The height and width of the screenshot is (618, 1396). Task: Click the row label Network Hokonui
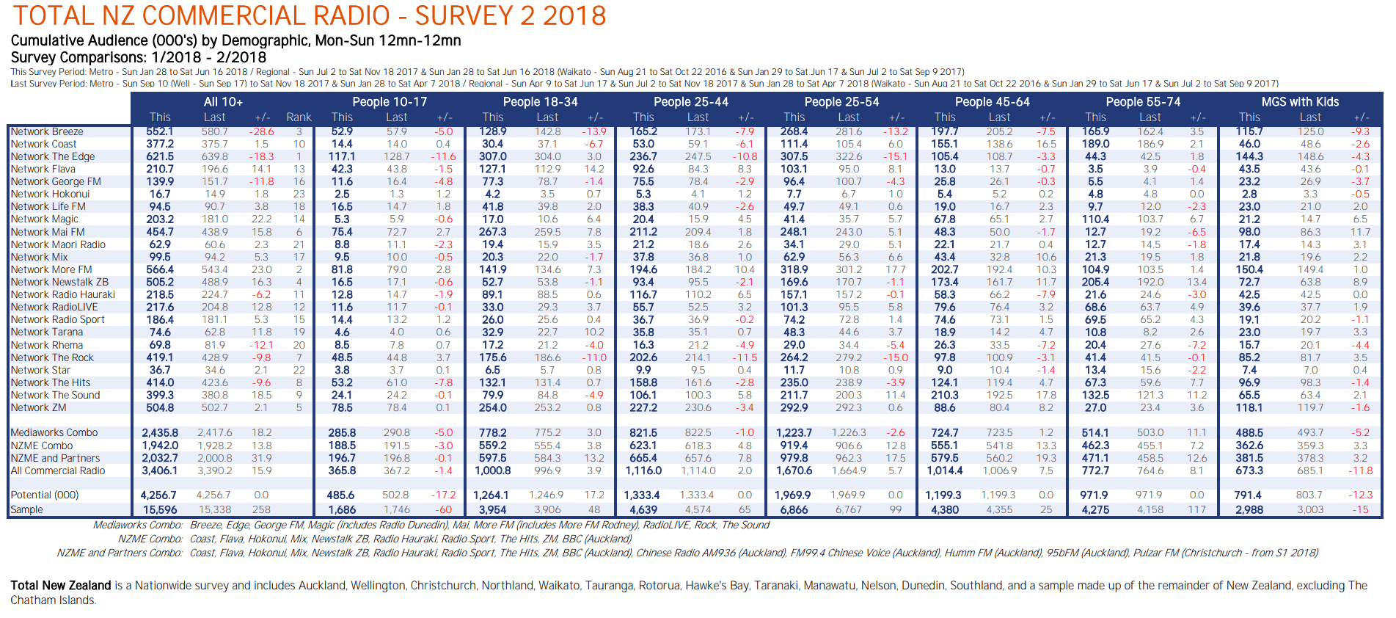pyautogui.click(x=50, y=195)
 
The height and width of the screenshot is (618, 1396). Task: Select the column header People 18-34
pyautogui.click(x=540, y=102)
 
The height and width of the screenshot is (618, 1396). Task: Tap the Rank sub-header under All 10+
pyautogui.click(x=299, y=117)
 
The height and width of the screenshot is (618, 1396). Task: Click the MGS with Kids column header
pyautogui.click(x=1300, y=102)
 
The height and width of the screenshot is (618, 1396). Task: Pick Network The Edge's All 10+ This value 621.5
pyautogui.click(x=160, y=156)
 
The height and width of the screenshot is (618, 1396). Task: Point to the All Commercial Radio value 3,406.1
pyautogui.click(x=159, y=470)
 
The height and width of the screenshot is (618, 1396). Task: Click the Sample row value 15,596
pyautogui.click(x=159, y=509)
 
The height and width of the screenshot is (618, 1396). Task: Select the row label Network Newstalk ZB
pyautogui.click(x=59, y=282)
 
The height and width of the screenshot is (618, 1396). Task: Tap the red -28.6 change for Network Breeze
pyautogui.click(x=261, y=132)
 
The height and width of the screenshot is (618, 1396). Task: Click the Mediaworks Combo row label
pyautogui.click(x=54, y=432)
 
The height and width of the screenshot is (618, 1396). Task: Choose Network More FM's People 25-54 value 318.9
pyautogui.click(x=794, y=269)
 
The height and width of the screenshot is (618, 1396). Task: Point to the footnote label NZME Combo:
pyautogui.click(x=150, y=539)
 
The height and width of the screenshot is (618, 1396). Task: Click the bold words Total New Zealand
pyautogui.click(x=61, y=586)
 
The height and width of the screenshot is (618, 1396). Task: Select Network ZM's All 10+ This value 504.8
pyautogui.click(x=160, y=407)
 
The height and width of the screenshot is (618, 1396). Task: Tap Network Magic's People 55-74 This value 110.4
pyautogui.click(x=1095, y=219)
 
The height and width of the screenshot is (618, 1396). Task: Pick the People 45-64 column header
pyautogui.click(x=992, y=102)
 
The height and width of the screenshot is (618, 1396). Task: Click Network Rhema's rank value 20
pyautogui.click(x=299, y=345)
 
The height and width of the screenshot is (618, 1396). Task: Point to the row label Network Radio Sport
pyautogui.click(x=57, y=319)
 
